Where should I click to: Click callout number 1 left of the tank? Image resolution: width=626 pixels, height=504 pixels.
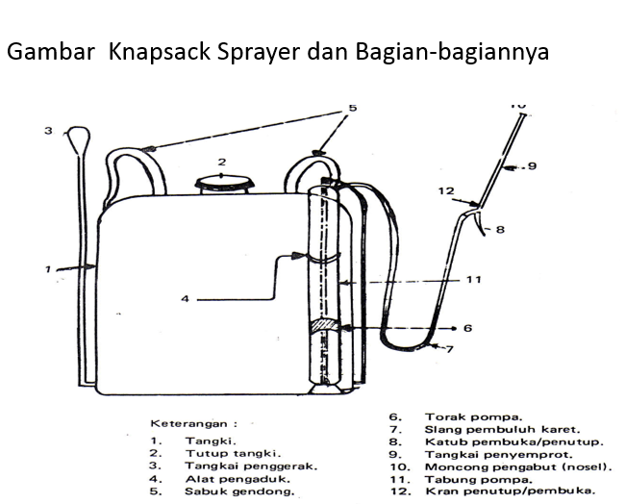[x=47, y=270]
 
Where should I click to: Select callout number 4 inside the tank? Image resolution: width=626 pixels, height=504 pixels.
[x=186, y=299]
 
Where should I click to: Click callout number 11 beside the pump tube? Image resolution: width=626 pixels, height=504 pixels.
[x=471, y=280]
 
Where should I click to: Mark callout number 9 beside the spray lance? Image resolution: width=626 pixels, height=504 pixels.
[x=558, y=166]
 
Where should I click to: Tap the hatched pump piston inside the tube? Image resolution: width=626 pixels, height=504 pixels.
[x=325, y=328]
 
